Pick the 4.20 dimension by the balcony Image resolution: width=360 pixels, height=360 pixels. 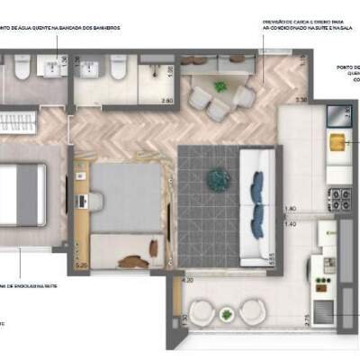click(188, 280)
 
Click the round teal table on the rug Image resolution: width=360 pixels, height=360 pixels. click(218, 179)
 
